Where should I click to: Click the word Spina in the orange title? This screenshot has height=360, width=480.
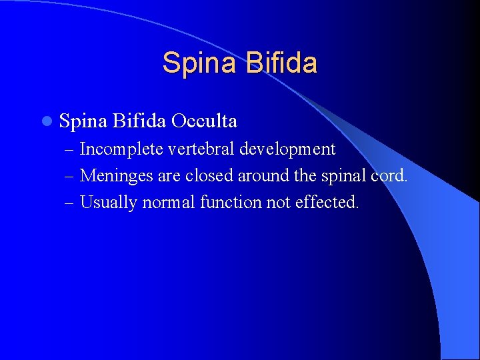(x=200, y=63)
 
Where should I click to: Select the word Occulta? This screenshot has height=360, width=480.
(x=204, y=121)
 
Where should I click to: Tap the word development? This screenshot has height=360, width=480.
(x=287, y=149)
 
